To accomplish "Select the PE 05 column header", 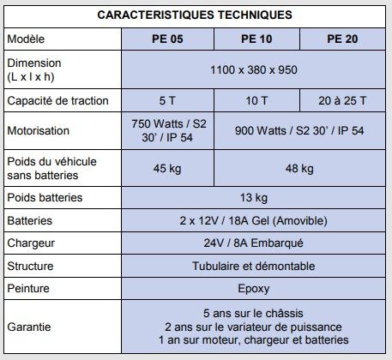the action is pos(166,39).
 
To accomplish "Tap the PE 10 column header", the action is pos(256,39).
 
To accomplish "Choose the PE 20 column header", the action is pos(342,39).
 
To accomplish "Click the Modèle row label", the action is pos(26,39).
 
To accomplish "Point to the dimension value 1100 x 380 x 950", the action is pos(254,69).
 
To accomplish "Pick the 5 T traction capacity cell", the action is pos(166,101).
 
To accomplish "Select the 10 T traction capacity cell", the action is pos(256,101).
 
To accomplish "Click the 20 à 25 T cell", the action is pos(342,101).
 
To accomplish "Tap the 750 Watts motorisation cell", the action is pos(166,131).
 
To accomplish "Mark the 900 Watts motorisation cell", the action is pos(299,131).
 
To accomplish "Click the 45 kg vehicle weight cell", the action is pos(166,168).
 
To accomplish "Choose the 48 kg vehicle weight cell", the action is pos(299,168).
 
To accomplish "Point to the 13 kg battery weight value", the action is pos(254,198).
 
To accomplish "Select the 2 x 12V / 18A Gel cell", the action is pos(254,220).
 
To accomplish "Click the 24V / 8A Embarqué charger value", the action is pos(254,243).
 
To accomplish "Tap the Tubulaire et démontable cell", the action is pos(254,266).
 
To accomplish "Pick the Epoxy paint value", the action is pos(254,289).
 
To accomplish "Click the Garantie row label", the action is pos(29,327).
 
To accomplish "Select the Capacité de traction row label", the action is pos(58,101).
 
